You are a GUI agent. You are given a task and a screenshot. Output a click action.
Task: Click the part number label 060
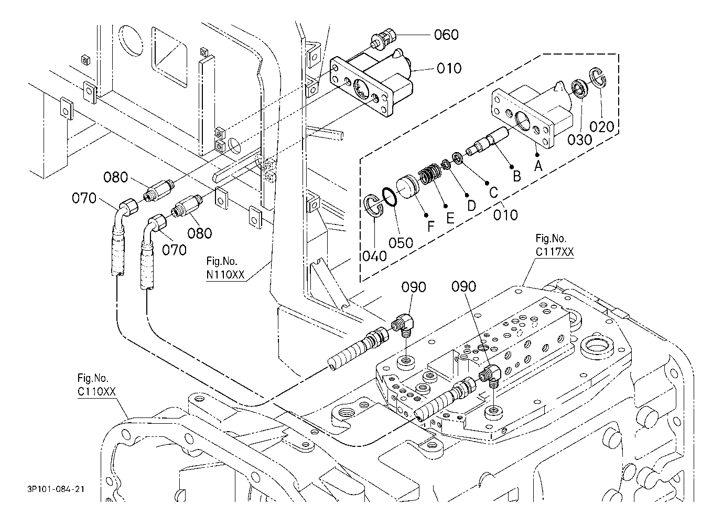pyautogui.click(x=446, y=35)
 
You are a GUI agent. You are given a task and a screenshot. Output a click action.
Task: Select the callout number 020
pyautogui.click(x=601, y=127)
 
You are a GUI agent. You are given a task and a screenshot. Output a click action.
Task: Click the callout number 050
pyautogui.click(x=401, y=242)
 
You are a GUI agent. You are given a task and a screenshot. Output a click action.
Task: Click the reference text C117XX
pyautogui.click(x=555, y=252)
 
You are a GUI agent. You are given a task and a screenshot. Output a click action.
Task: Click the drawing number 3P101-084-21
pyautogui.click(x=56, y=489)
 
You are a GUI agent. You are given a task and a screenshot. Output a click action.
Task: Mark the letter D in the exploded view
pyautogui.click(x=471, y=205)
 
